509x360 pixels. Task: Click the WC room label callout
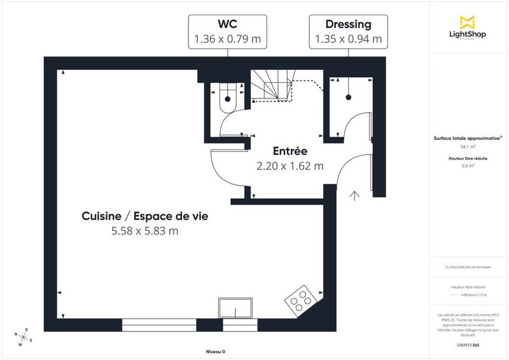point(227,32)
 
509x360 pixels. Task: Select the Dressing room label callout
point(348,32)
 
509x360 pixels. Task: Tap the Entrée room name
point(290,152)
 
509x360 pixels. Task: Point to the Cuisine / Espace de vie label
point(144,216)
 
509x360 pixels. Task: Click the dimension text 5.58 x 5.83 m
point(144,231)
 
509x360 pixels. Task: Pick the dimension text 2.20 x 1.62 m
point(290,166)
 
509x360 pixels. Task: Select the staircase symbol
point(270,85)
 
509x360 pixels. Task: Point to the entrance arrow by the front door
point(354,195)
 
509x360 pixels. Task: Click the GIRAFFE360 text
point(468,344)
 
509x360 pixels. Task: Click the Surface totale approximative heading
point(466,137)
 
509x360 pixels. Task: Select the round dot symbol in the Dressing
point(348,97)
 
